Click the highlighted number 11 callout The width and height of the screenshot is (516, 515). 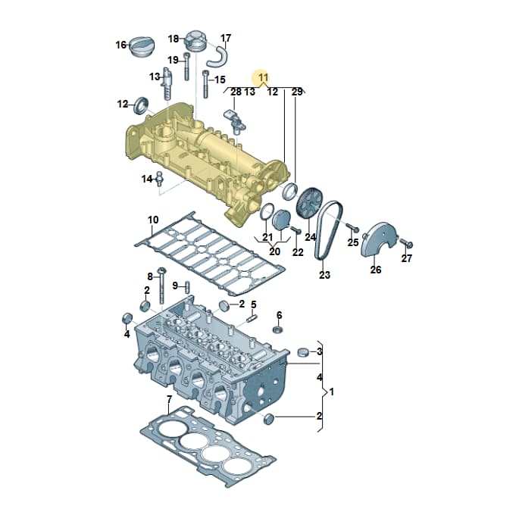click(x=264, y=77)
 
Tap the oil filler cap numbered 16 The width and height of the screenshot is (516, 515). click(x=142, y=47)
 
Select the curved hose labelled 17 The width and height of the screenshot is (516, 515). click(x=217, y=57)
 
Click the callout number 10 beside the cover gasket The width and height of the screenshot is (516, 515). click(x=153, y=220)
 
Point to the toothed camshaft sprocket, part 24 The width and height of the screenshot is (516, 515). click(x=310, y=202)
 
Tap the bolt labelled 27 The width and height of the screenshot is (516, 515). click(x=407, y=244)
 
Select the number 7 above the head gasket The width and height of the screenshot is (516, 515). click(x=170, y=400)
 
